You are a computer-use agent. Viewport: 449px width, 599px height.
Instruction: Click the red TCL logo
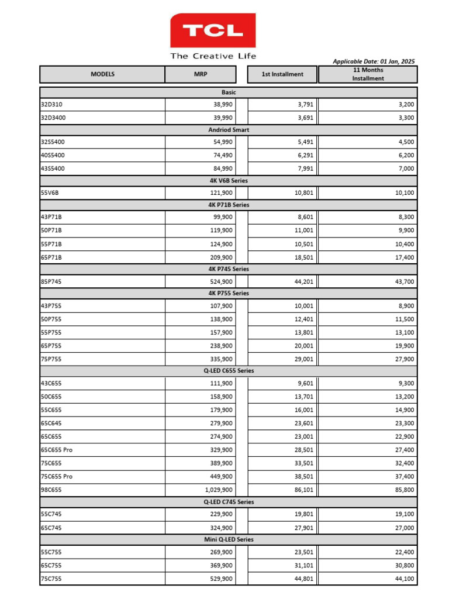[213, 31]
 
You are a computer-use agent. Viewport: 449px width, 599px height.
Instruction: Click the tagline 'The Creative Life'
[213, 56]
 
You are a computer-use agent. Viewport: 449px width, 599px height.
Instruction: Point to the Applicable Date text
[374, 61]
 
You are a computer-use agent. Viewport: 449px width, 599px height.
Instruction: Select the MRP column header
[201, 74]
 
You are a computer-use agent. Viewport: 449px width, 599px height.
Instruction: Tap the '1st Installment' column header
[282, 74]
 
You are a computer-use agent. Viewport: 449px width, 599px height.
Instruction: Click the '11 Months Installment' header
[368, 74]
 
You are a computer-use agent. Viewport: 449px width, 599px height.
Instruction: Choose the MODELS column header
[102, 74]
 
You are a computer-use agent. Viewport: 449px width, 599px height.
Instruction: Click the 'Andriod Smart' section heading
[228, 130]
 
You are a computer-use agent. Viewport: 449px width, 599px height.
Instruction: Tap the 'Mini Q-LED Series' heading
[228, 539]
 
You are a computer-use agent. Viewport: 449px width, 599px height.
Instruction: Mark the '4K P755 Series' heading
[228, 293]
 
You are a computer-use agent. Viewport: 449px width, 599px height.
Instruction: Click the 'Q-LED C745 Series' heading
[228, 502]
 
